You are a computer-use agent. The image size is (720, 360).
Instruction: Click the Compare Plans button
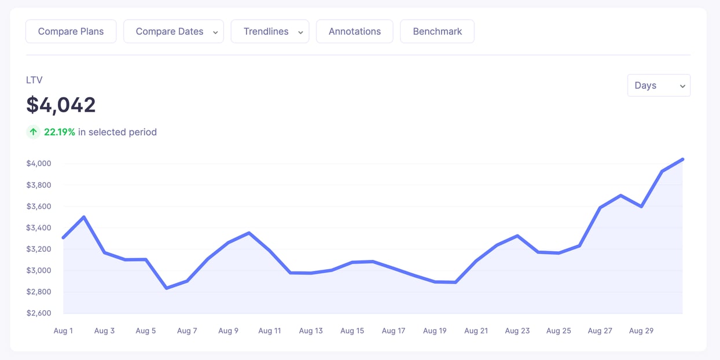[71, 32]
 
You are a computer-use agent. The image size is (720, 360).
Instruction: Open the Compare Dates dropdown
[174, 32]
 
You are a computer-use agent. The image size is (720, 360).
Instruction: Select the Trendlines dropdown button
[270, 32]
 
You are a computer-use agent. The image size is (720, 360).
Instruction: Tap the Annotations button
[354, 32]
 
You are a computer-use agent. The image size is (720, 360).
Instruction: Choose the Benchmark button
[437, 32]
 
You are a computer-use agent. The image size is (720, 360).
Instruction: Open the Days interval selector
[659, 86]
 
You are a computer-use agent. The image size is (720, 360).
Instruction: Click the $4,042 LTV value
[61, 105]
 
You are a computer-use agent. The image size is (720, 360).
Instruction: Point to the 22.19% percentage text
[60, 132]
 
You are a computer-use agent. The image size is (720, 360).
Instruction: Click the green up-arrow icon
[34, 132]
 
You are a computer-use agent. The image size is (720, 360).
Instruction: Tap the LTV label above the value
[34, 80]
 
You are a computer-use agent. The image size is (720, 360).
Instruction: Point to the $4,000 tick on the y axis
[39, 164]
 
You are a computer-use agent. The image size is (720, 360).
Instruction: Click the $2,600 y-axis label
[39, 313]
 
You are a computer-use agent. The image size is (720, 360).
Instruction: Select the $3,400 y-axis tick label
[39, 227]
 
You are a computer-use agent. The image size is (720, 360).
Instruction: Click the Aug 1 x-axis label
[63, 331]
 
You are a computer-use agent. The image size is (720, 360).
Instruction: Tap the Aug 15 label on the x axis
[352, 331]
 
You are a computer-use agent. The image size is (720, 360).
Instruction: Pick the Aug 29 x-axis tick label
[641, 331]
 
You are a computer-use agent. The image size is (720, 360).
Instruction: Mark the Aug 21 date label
[476, 331]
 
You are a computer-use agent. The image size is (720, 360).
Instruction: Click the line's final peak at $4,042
[683, 159]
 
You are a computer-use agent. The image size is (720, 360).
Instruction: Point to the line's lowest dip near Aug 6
[167, 288]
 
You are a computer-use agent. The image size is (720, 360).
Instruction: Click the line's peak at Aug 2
[84, 217]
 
